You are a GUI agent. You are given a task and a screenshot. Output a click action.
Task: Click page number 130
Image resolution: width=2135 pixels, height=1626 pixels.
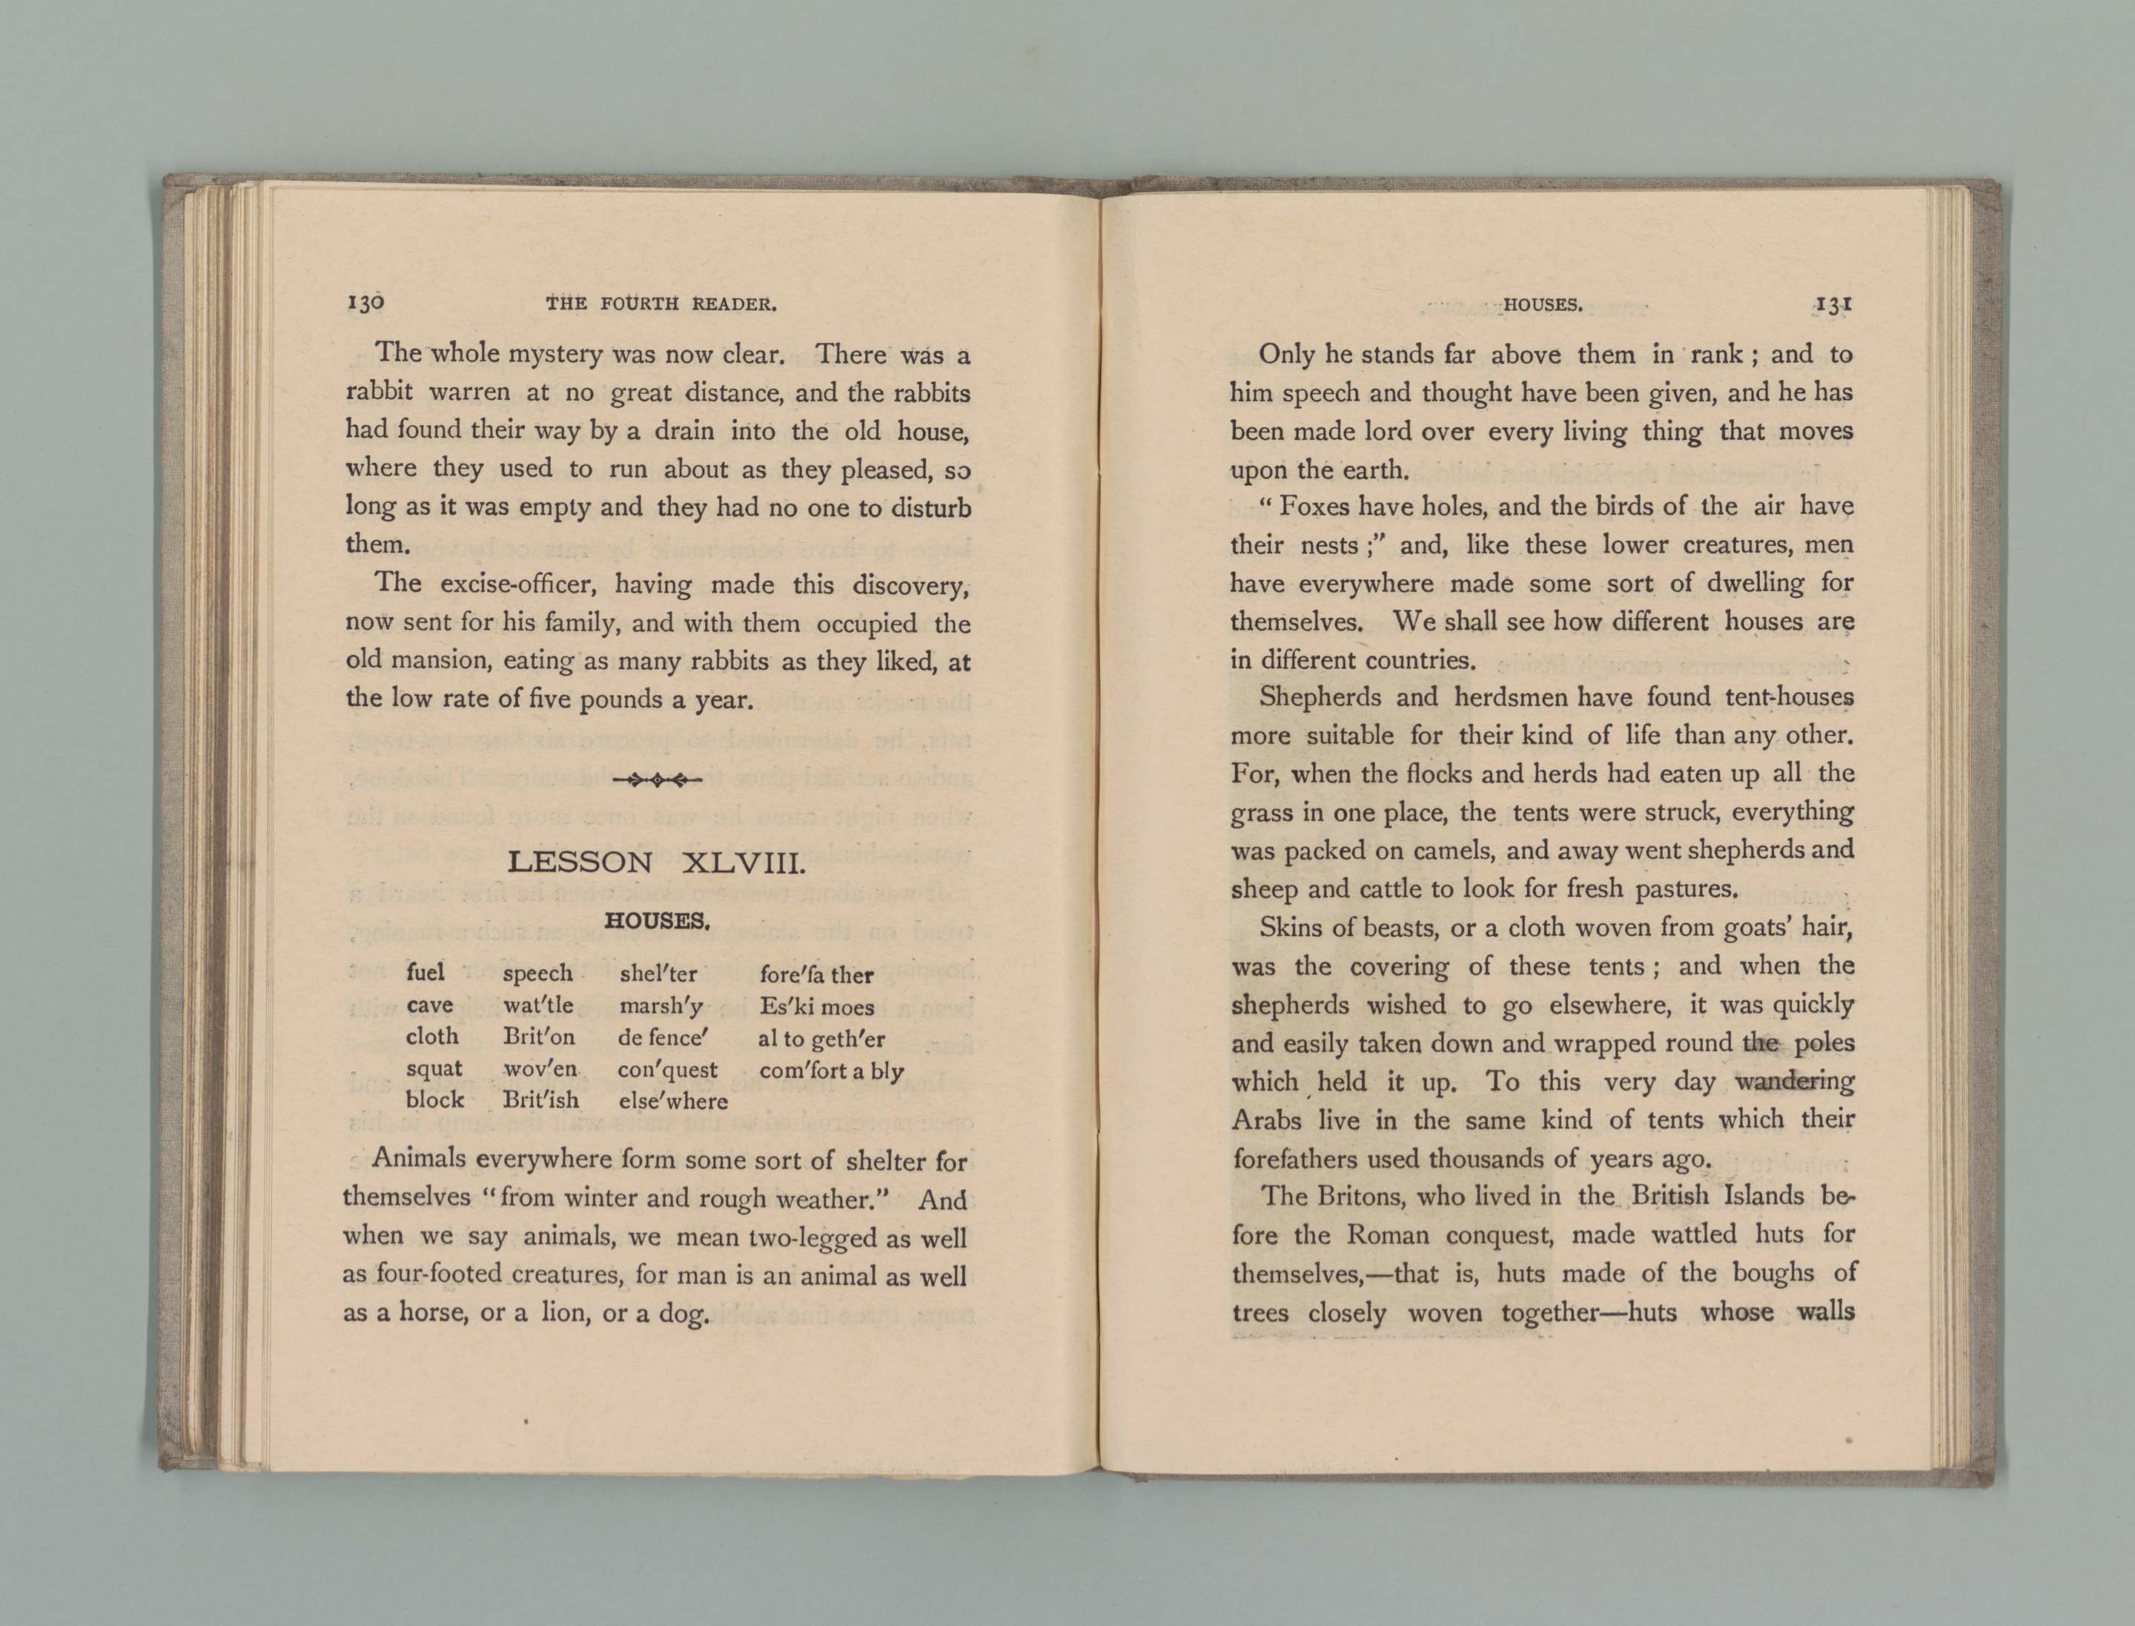tap(365, 303)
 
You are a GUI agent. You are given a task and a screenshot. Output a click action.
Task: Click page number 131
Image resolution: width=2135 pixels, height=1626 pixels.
tap(1833, 304)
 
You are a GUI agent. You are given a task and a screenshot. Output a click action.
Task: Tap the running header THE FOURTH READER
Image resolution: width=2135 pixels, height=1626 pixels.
tap(662, 304)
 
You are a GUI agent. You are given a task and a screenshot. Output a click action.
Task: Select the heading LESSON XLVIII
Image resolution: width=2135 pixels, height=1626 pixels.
tap(656, 863)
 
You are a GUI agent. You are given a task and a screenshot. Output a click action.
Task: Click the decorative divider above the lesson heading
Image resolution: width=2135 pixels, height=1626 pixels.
tap(657, 779)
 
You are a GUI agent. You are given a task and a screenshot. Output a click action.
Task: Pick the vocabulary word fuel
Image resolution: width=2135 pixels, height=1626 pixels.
tap(426, 972)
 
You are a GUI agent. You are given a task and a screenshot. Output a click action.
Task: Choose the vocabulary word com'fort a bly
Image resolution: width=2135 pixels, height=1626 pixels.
tap(831, 1070)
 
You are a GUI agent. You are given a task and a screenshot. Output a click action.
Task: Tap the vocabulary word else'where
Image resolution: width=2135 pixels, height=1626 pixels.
tap(672, 1102)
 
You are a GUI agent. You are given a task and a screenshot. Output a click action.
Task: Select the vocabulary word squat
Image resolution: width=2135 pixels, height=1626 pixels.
tap(434, 1070)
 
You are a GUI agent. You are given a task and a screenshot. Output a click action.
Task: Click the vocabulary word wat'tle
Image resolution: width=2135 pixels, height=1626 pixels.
tap(538, 1006)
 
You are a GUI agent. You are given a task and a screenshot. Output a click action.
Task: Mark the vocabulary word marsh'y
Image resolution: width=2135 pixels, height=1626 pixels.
tap(661, 1007)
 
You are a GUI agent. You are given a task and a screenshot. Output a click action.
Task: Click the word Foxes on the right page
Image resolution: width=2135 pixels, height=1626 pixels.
tap(1316, 507)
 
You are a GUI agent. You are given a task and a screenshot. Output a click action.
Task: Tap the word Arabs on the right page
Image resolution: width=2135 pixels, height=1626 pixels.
tap(1266, 1121)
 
